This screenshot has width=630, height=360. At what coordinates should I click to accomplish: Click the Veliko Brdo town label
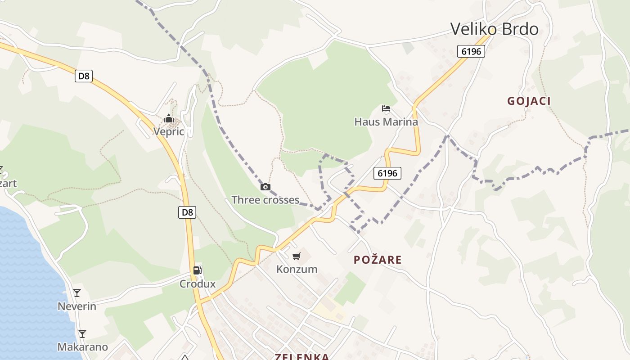pos(494,29)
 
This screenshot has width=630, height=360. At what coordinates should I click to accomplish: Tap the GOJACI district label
pos(529,101)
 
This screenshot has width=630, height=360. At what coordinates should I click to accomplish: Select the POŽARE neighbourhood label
pos(378,260)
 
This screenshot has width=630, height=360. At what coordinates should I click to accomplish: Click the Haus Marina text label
pos(386,121)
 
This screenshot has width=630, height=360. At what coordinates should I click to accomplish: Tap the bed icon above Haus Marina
pos(386,108)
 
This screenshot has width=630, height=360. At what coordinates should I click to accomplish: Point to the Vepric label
pos(169,131)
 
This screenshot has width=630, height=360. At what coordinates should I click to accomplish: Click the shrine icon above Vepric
pos(169,119)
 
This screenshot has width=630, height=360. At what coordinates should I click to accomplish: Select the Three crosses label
pos(265,200)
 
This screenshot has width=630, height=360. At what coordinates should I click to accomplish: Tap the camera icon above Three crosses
pos(265,187)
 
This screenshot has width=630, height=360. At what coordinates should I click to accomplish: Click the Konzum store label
pos(297,269)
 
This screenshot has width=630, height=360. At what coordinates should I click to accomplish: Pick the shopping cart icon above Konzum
pos(296,256)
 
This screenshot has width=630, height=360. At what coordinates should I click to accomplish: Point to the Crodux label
pos(198,284)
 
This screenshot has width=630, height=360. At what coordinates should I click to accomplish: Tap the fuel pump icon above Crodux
pos(197,270)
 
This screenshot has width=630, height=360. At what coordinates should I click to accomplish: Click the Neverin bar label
pos(77,306)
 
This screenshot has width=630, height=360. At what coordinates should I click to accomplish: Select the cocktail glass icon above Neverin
pos(77,293)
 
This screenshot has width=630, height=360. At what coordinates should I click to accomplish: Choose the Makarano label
pos(82,347)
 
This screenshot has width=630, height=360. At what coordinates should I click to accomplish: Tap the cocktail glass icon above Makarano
pos(82,334)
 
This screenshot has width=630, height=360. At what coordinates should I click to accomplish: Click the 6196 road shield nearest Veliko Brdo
pos(471,51)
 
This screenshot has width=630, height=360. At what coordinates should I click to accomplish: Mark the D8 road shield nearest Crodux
pos(187,212)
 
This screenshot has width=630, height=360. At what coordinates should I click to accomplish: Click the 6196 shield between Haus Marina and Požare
pos(387,173)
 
